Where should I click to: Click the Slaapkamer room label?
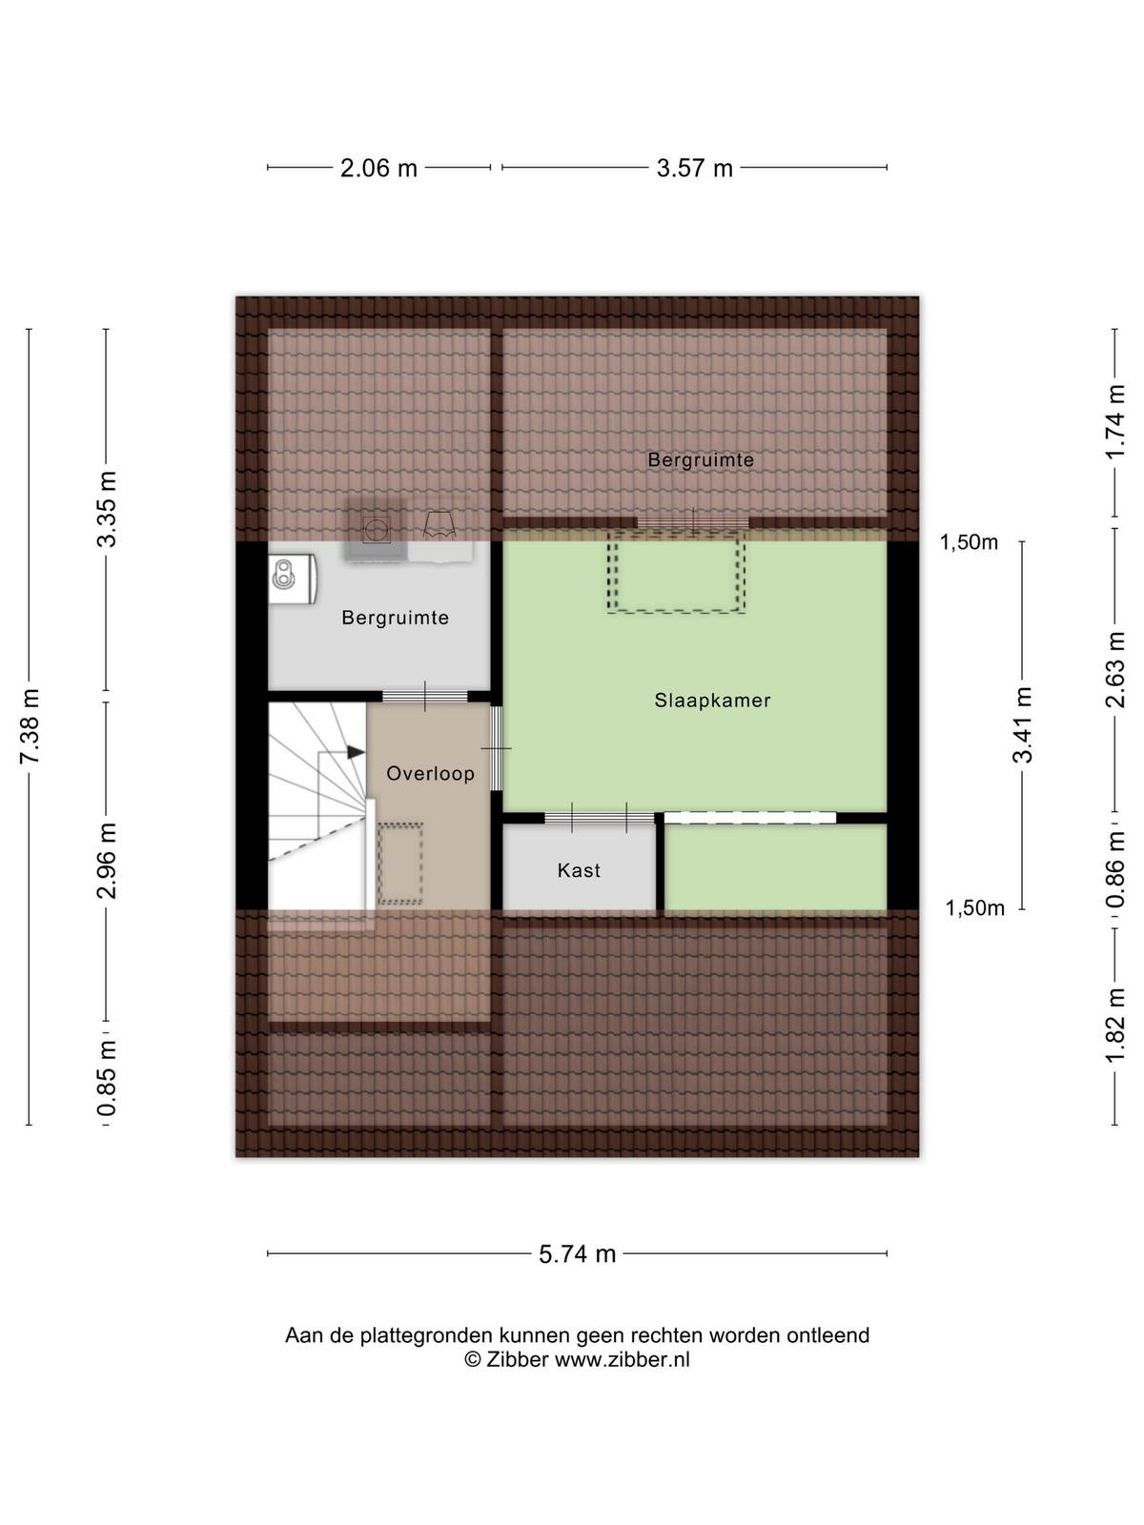pyautogui.click(x=712, y=700)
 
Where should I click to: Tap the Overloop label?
pyautogui.click(x=430, y=773)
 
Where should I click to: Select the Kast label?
pyautogui.click(x=579, y=870)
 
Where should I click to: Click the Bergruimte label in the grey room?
pyautogui.click(x=396, y=618)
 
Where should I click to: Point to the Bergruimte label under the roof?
pyautogui.click(x=700, y=459)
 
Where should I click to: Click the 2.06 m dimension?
pyautogui.click(x=378, y=168)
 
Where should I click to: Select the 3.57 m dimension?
pyautogui.click(x=695, y=168)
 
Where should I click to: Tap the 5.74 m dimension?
pyautogui.click(x=577, y=1253)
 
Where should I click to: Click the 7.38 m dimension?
pyautogui.click(x=30, y=726)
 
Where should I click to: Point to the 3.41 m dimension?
pyautogui.click(x=1022, y=724)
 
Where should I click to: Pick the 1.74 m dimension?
pyautogui.click(x=1114, y=421)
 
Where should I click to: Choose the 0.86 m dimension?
pyautogui.click(x=1114, y=870)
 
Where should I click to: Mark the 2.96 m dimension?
pyautogui.click(x=107, y=861)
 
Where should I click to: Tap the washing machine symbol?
pyautogui.click(x=376, y=530)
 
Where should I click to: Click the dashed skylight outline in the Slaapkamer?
pyautogui.click(x=676, y=571)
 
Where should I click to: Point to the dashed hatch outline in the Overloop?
pyautogui.click(x=400, y=864)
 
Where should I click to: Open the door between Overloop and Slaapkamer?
pyautogui.click(x=496, y=748)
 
